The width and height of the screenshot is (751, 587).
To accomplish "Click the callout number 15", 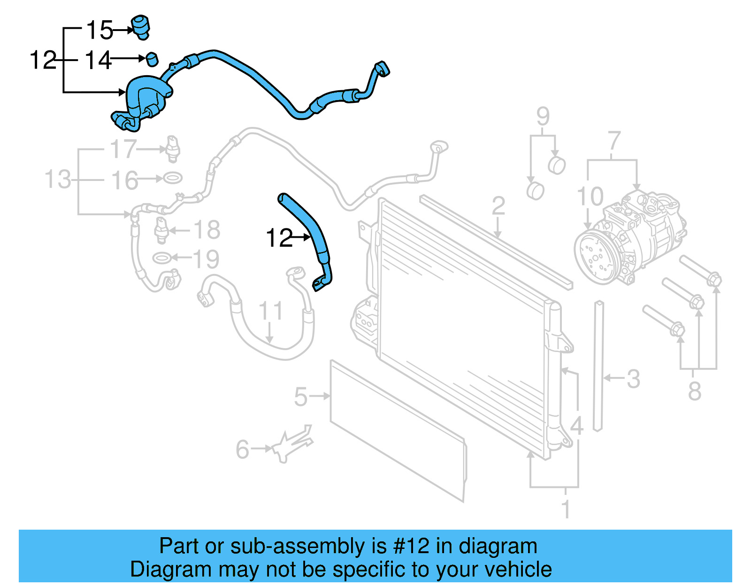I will coord(100,31).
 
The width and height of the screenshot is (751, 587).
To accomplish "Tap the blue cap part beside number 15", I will coord(141,26).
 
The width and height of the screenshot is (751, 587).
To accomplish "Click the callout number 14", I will coord(98,61).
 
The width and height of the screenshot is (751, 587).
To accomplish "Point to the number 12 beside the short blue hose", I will coord(279,238).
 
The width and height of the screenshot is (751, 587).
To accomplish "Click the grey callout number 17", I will coord(123,149).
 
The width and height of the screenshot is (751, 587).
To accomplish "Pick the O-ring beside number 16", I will coord(172,179).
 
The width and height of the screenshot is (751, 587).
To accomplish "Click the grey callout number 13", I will coord(57,180).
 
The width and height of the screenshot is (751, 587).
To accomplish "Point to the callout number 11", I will coord(271,311).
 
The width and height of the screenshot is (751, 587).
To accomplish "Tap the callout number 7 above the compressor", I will coord(614,141).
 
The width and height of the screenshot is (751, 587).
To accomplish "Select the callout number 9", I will coord(543,116).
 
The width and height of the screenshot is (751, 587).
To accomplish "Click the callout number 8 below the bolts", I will coord(694,391).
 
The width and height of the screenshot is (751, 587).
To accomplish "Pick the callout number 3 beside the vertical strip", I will coord(633,378).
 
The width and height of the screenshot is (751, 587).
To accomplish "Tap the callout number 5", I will coord(300,397).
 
